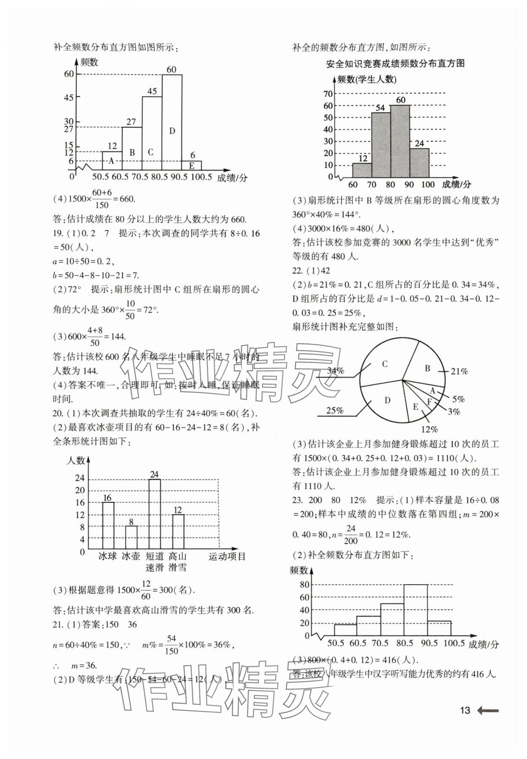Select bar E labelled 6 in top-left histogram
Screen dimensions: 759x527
click(x=192, y=166)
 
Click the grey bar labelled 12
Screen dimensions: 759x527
click(x=362, y=170)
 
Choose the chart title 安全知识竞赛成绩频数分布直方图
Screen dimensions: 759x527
click(x=395, y=64)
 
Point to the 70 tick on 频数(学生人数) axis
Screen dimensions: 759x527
click(x=328, y=94)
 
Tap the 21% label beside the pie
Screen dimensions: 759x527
click(x=459, y=371)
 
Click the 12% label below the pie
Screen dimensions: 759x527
click(x=429, y=429)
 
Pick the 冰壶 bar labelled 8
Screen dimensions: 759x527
click(x=131, y=537)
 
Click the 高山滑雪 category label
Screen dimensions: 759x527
click(x=177, y=561)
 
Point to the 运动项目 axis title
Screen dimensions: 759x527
click(x=227, y=556)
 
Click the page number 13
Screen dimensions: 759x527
click(x=465, y=711)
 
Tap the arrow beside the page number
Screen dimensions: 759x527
click(x=488, y=711)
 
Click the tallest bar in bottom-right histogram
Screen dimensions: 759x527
click(x=415, y=610)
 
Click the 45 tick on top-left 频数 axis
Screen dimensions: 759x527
click(x=68, y=97)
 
